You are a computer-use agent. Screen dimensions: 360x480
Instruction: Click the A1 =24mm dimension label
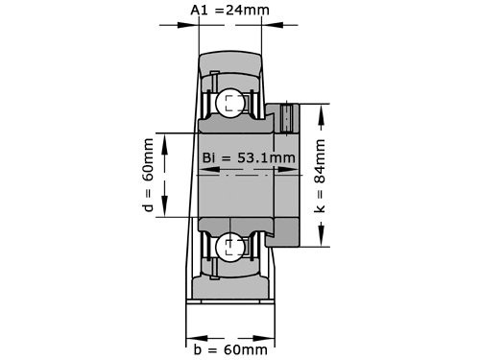(x=229, y=10)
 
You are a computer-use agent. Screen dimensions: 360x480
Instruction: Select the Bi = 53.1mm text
(x=249, y=157)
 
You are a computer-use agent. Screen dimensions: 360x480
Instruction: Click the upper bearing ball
(x=230, y=104)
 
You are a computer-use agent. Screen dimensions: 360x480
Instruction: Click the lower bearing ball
(x=230, y=247)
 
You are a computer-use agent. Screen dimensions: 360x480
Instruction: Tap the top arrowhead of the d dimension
(x=165, y=137)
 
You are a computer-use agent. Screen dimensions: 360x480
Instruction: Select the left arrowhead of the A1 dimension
(x=193, y=26)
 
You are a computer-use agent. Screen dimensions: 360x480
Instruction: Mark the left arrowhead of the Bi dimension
(x=202, y=172)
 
